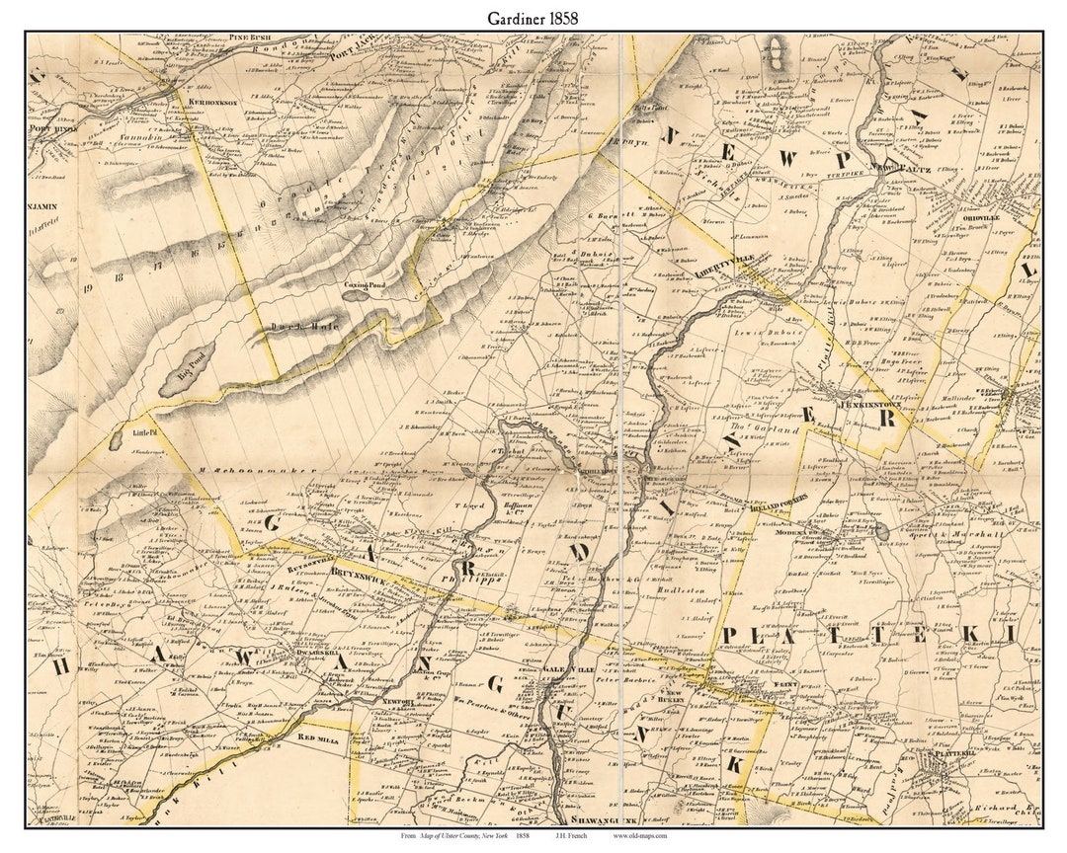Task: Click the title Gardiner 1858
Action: click(x=533, y=18)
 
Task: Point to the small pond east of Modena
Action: click(x=881, y=531)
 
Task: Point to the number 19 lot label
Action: click(x=87, y=288)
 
